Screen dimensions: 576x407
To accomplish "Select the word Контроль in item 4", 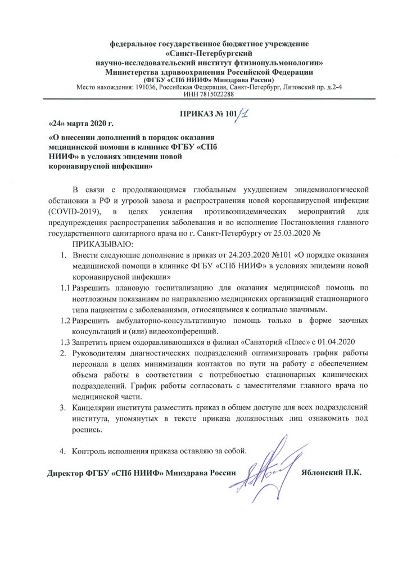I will (93, 450).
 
